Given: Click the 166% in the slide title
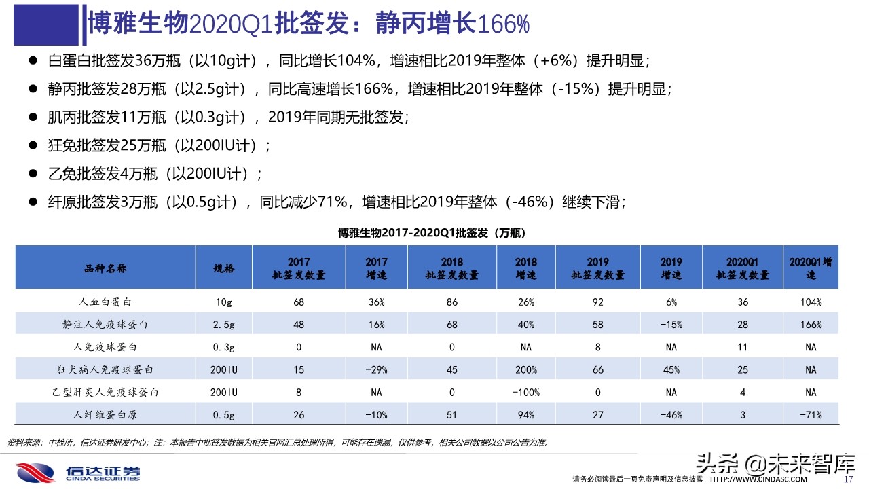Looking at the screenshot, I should tap(503, 24).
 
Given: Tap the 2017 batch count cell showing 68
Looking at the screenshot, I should tap(299, 302).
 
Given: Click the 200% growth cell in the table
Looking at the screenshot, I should tap(525, 369).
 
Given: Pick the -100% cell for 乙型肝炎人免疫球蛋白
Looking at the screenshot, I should tap(525, 392).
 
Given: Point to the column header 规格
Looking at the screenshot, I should tap(224, 268).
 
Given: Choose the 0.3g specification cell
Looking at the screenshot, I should tap(224, 347).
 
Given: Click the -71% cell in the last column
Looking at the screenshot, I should tap(810, 414).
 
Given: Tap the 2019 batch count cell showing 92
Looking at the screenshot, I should tap(597, 302).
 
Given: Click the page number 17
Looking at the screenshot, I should tap(847, 479).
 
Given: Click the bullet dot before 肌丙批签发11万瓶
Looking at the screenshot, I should tap(32, 117).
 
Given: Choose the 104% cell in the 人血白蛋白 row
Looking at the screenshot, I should tap(810, 302).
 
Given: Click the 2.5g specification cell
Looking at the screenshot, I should tap(224, 325).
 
